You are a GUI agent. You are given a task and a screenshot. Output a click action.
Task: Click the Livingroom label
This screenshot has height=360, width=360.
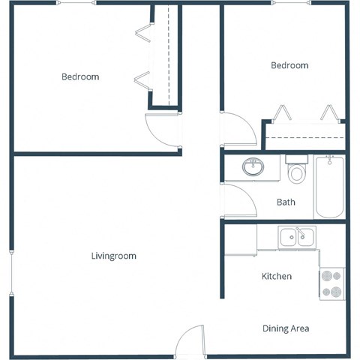(x=113, y=256)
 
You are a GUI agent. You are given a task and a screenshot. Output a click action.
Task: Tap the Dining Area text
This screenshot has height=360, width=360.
(x=285, y=328)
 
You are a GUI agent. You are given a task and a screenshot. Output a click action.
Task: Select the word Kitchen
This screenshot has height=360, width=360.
(x=276, y=277)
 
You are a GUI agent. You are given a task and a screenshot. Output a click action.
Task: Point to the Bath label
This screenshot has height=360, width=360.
(x=286, y=202)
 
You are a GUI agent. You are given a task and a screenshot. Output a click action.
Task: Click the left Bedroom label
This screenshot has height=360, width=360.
(x=80, y=76)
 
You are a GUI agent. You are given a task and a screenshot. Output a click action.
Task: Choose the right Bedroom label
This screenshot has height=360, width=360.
(x=289, y=65)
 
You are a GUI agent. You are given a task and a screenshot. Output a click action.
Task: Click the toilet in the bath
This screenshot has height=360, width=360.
(x=297, y=172)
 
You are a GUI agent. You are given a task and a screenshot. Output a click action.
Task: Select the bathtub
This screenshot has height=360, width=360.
(x=329, y=187)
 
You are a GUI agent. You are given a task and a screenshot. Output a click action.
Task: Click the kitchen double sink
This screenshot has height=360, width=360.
(x=297, y=238)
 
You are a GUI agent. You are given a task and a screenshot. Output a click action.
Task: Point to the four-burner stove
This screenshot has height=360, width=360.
(x=331, y=283)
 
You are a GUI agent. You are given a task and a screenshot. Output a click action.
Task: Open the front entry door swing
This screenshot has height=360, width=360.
(x=189, y=341)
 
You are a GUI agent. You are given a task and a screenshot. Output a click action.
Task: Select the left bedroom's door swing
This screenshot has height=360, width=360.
(x=162, y=130)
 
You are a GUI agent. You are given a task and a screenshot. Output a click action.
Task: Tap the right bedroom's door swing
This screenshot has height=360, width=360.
(x=238, y=129)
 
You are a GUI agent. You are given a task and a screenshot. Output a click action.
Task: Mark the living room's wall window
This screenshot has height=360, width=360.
(x=10, y=274)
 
